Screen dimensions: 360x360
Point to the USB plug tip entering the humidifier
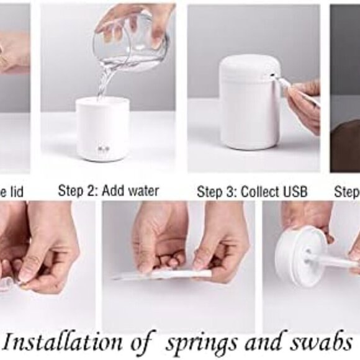click(x=281, y=81)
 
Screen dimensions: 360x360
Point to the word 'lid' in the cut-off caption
click(x=17, y=192)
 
